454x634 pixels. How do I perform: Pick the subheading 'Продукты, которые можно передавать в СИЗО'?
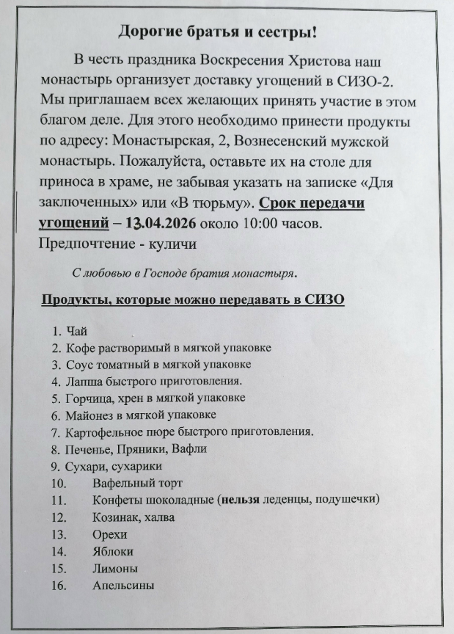pos(193,299)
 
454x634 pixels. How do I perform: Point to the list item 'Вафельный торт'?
pos(137,483)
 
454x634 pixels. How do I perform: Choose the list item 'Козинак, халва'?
pos(133,517)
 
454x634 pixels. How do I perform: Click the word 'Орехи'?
pos(110,534)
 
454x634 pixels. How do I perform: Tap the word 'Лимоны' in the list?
pos(114,568)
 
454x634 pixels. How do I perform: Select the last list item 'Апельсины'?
pos(123,585)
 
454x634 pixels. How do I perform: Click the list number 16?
pos(59,585)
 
